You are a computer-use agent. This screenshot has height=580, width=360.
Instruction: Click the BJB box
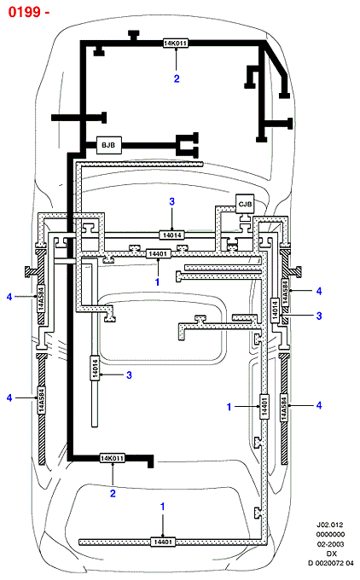pyautogui.click(x=108, y=145)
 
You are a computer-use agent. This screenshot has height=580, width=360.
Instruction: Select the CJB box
pyautogui.click(x=245, y=204)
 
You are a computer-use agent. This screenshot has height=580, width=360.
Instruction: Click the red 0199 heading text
pyautogui.click(x=24, y=12)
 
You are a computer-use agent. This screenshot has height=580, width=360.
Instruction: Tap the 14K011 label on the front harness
pyautogui.click(x=176, y=43)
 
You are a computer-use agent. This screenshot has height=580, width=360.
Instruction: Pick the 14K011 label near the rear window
pyautogui.click(x=112, y=458)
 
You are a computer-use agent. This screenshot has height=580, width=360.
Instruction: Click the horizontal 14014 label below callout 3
pyautogui.click(x=172, y=235)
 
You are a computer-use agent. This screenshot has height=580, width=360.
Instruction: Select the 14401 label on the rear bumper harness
pyautogui.click(x=163, y=542)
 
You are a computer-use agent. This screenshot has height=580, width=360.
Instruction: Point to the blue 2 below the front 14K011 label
pyautogui.click(x=177, y=78)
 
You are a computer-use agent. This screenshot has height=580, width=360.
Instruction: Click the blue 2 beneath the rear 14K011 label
pyautogui.click(x=113, y=494)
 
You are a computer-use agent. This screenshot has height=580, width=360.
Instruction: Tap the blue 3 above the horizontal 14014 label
pyautogui.click(x=172, y=201)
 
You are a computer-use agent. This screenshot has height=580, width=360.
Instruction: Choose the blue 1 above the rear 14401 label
pyautogui.click(x=162, y=507)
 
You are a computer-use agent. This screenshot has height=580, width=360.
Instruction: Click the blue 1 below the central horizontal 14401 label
pyautogui.click(x=158, y=281)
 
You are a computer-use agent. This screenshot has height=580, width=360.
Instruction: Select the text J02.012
pyautogui.click(x=329, y=525)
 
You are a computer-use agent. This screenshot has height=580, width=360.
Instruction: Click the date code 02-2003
pyautogui.click(x=330, y=544)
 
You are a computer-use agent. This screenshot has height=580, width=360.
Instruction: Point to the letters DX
pyautogui.click(x=332, y=554)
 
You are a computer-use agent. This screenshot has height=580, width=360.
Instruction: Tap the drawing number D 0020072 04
pyautogui.click(x=331, y=563)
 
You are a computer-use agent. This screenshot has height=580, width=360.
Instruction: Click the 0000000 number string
pyautogui.click(x=330, y=535)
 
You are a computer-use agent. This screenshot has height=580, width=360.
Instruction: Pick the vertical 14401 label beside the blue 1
pyautogui.click(x=264, y=407)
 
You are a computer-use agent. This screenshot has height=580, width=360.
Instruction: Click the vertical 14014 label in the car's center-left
pyautogui.click(x=95, y=368)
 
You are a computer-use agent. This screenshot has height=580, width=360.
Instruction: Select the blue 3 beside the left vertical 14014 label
pyautogui.click(x=129, y=375)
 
